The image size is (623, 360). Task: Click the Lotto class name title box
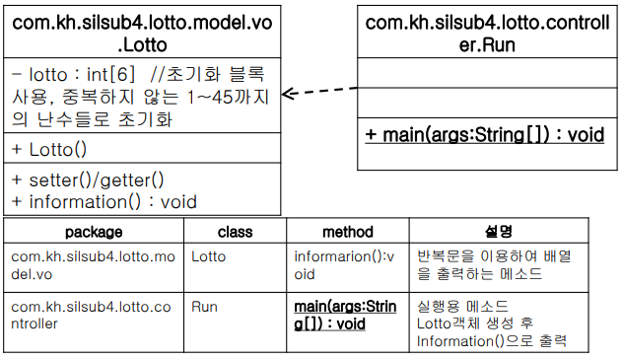pyautogui.click(x=142, y=32)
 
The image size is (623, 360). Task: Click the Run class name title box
pyautogui.click(x=487, y=32)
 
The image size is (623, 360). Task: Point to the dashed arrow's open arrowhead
pyautogui.click(x=288, y=94)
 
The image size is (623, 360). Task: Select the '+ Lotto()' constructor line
pyautogui.click(x=49, y=150)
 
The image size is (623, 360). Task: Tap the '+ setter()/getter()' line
pyautogui.click(x=88, y=180)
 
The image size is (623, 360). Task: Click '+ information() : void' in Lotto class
pyautogui.click(x=104, y=202)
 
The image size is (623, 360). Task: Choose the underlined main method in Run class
pyautogui.click(x=485, y=135)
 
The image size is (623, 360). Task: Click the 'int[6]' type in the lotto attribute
pyautogui.click(x=110, y=75)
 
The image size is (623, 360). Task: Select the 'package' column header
pyautogui.click(x=94, y=232)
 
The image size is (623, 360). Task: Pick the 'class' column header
pyautogui.click(x=236, y=232)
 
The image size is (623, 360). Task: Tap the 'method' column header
pyautogui.click(x=348, y=232)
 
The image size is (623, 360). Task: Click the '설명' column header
pyautogui.click(x=499, y=231)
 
